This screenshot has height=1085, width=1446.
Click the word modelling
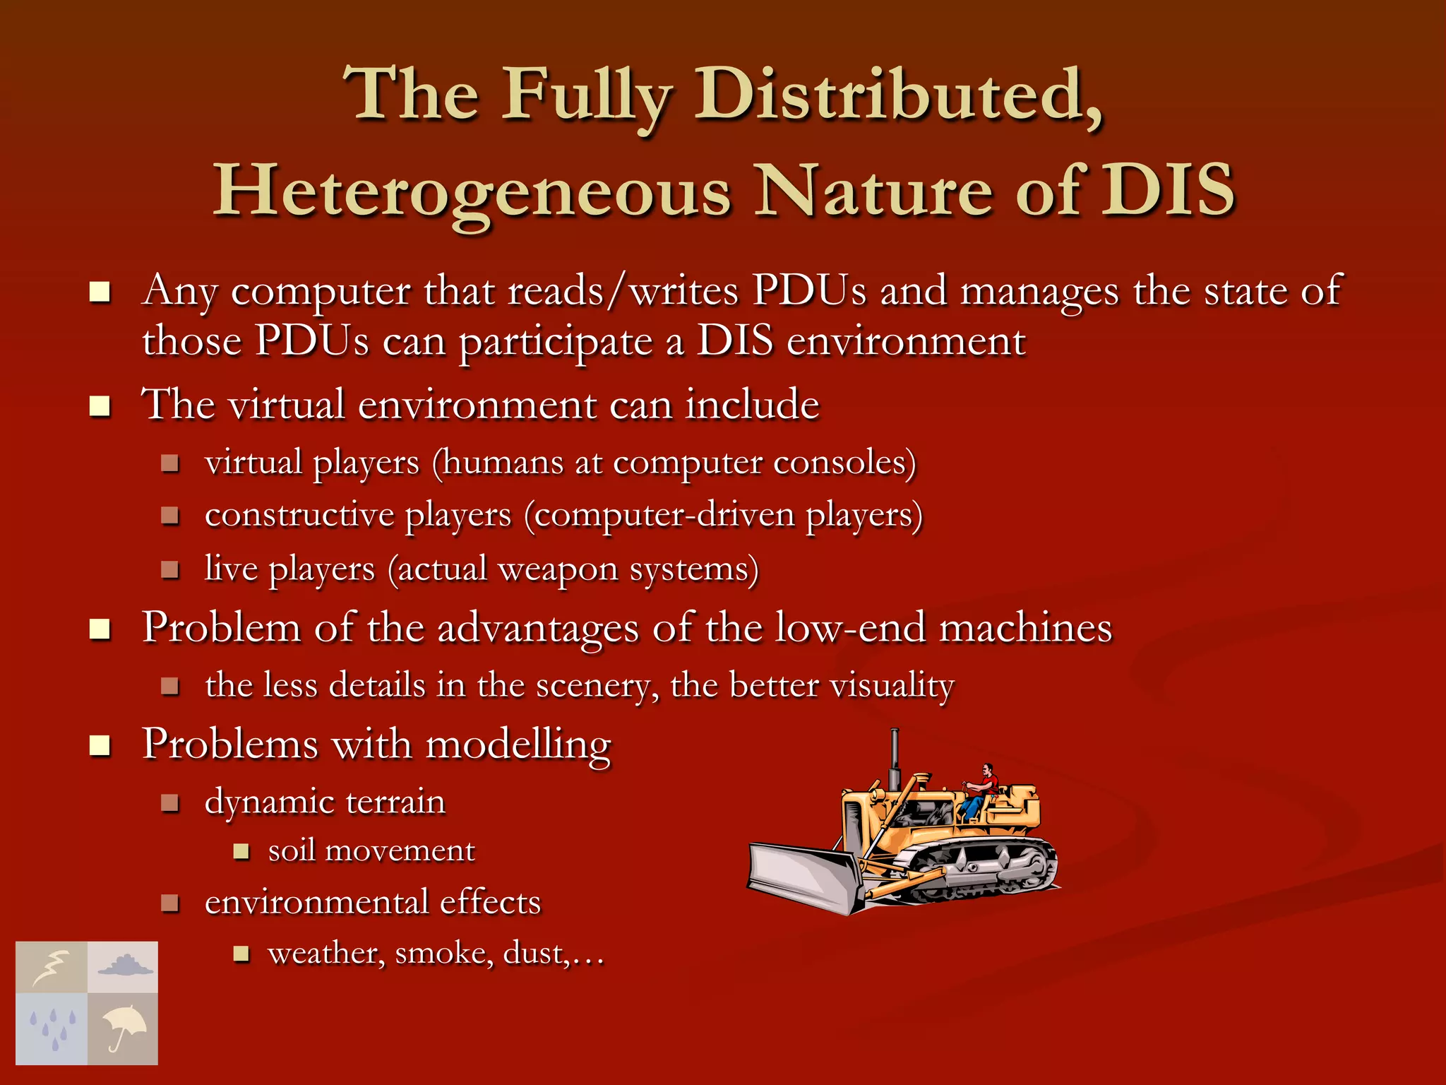(518, 745)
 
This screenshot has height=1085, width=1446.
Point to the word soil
(291, 850)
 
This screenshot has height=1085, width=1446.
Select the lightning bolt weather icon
(52, 967)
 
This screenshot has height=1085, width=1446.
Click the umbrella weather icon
(123, 1028)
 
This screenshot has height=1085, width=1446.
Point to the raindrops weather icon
(52, 1028)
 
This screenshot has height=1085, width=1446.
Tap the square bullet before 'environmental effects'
(170, 903)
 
